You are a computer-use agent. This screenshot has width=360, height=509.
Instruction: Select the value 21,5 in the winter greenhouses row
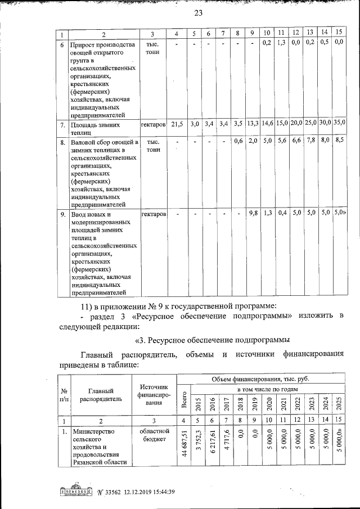[x=177, y=123]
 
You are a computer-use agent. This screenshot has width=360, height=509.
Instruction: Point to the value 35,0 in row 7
[x=339, y=123]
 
